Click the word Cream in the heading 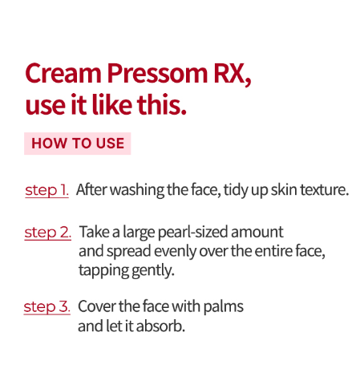(63, 73)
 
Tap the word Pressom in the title (157, 73)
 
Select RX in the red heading (233, 74)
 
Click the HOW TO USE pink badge (78, 144)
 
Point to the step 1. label (47, 191)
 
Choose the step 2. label (48, 233)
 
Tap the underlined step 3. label (47, 307)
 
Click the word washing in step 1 (138, 191)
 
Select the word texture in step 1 (324, 190)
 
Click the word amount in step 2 (257, 232)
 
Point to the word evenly (175, 252)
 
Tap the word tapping (103, 271)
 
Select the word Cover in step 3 (96, 306)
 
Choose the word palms (223, 307)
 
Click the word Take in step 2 (94, 232)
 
